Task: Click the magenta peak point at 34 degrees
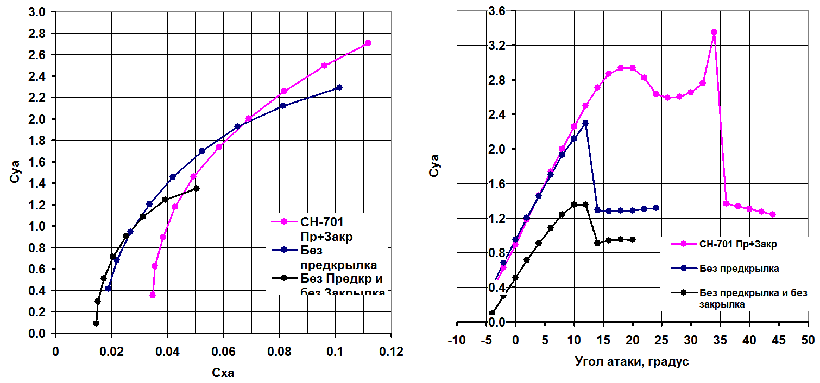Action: (x=714, y=32)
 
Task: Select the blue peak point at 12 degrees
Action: (x=585, y=123)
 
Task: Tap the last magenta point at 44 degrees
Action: (x=773, y=214)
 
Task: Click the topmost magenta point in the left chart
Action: (x=368, y=43)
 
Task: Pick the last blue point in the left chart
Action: (x=339, y=87)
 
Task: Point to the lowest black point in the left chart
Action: (x=96, y=323)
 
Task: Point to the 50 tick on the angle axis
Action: (x=808, y=341)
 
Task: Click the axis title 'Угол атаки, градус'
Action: (x=632, y=361)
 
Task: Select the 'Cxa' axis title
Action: (x=223, y=373)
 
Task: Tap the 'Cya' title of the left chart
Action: (x=16, y=170)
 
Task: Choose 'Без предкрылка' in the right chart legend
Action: (x=739, y=268)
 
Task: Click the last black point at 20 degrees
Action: (x=633, y=240)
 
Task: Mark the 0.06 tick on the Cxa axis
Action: (x=223, y=352)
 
